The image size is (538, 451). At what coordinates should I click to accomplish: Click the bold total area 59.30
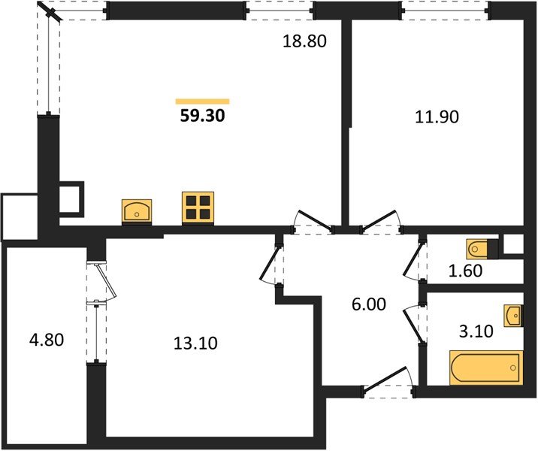(x=202, y=116)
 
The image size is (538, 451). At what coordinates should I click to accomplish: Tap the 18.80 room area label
(x=304, y=41)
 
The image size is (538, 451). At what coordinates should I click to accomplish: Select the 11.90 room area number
(x=437, y=117)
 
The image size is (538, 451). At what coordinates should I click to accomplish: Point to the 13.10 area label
(x=195, y=344)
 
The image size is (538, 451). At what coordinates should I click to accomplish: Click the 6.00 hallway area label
(x=369, y=304)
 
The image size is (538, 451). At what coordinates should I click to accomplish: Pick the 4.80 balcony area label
(x=47, y=341)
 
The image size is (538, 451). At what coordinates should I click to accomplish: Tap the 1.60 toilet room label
(x=466, y=271)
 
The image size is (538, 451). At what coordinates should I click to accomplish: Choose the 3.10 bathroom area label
(x=476, y=331)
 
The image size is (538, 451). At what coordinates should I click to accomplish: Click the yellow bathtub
(x=486, y=368)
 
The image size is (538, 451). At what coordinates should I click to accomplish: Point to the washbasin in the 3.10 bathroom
(x=513, y=316)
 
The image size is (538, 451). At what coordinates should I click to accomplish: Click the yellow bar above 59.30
(x=202, y=101)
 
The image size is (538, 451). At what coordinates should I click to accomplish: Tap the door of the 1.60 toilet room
(x=414, y=261)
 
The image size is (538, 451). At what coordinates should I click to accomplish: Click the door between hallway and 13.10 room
(x=271, y=264)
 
